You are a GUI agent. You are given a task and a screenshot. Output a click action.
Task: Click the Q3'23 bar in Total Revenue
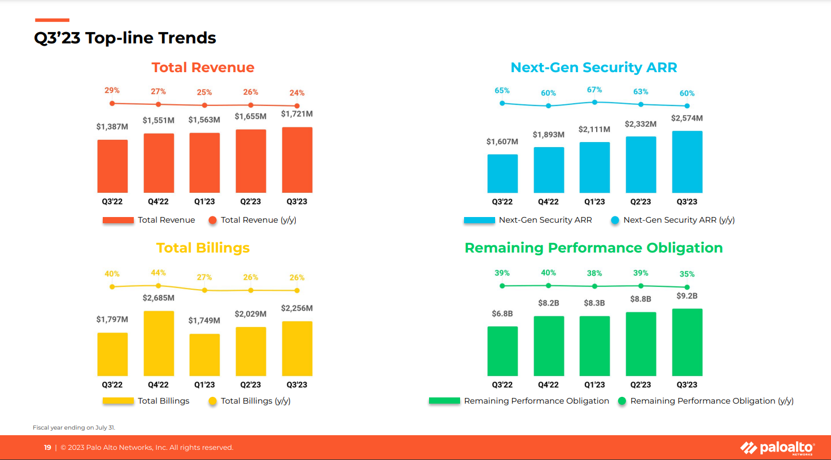(x=297, y=160)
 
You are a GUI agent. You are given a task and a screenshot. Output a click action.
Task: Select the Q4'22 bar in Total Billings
(x=159, y=343)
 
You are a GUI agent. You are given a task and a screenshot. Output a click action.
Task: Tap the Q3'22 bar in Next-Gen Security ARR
(x=502, y=174)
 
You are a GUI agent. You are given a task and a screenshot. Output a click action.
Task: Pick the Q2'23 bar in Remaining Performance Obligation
(x=641, y=344)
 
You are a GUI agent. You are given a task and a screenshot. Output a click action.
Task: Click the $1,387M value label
(x=112, y=127)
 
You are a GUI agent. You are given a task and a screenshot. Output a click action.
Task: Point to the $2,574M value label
(x=687, y=118)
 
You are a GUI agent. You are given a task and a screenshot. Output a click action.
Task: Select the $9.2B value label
(x=687, y=296)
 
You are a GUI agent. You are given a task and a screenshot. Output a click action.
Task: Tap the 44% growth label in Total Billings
(x=158, y=273)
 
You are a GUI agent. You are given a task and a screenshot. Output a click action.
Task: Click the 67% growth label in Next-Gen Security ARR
(x=594, y=90)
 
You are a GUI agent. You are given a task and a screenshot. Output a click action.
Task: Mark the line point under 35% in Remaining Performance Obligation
(x=687, y=287)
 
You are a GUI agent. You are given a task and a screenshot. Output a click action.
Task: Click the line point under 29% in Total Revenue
(x=112, y=103)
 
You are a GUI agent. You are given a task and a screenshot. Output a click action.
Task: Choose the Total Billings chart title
(x=203, y=248)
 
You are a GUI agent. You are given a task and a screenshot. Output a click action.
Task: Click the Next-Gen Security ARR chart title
(x=593, y=68)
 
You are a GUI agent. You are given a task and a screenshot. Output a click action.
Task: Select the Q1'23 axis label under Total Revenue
(x=204, y=202)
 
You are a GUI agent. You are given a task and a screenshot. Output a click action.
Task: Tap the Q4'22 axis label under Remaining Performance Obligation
(x=548, y=385)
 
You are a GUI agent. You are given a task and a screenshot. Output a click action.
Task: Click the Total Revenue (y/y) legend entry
(x=252, y=220)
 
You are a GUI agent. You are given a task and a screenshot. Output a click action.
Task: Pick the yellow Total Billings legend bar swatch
(x=118, y=401)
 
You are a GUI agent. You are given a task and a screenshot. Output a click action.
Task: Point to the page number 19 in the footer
(x=47, y=448)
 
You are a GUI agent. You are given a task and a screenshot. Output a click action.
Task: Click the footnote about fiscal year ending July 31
(x=74, y=427)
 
